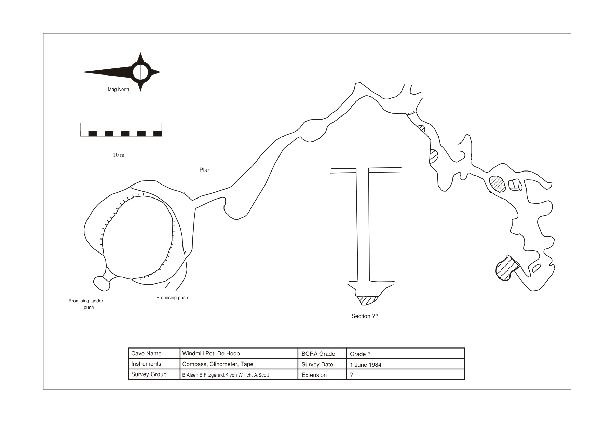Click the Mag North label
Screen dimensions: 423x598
118,90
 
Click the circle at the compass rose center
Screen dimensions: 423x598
140,72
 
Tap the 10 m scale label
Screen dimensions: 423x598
119,155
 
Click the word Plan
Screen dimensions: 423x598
205,170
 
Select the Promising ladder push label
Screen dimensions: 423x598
86,304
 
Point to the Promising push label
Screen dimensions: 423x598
172,298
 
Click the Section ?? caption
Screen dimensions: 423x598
365,316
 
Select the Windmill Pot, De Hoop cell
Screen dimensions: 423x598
239,353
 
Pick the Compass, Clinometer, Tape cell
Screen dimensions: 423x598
239,364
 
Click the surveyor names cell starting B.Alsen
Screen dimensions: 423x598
239,375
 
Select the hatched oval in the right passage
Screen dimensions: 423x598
497,184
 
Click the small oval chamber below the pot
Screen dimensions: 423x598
102,284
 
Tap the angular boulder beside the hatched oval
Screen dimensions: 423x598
515,185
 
